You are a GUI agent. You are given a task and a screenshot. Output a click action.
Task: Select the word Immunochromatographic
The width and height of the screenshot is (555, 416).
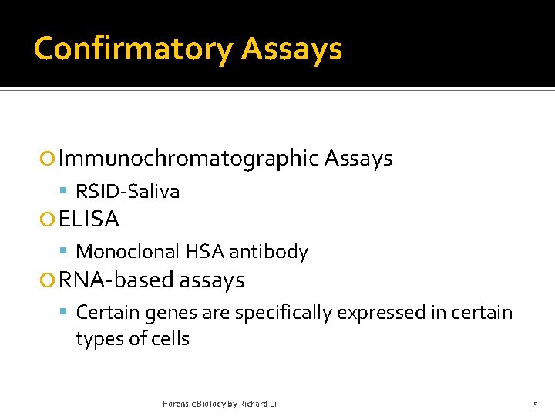[188, 159]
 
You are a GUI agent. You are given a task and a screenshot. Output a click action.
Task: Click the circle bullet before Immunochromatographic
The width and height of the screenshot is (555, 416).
[48, 159]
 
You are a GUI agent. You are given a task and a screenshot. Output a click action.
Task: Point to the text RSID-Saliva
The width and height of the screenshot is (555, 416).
[127, 191]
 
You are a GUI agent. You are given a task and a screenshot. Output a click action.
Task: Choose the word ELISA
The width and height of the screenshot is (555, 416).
[89, 220]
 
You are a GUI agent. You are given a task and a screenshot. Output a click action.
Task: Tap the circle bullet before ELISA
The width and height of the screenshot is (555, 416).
[48, 220]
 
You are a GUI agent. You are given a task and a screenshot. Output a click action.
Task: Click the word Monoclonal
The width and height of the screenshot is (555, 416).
[125, 252]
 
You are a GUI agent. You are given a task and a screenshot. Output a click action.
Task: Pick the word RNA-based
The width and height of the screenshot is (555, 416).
[116, 280]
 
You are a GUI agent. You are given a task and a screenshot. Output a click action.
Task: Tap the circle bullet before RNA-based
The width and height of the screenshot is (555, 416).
[48, 281]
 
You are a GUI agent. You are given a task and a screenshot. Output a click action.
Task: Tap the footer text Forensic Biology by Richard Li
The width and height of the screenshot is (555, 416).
[220, 404]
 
